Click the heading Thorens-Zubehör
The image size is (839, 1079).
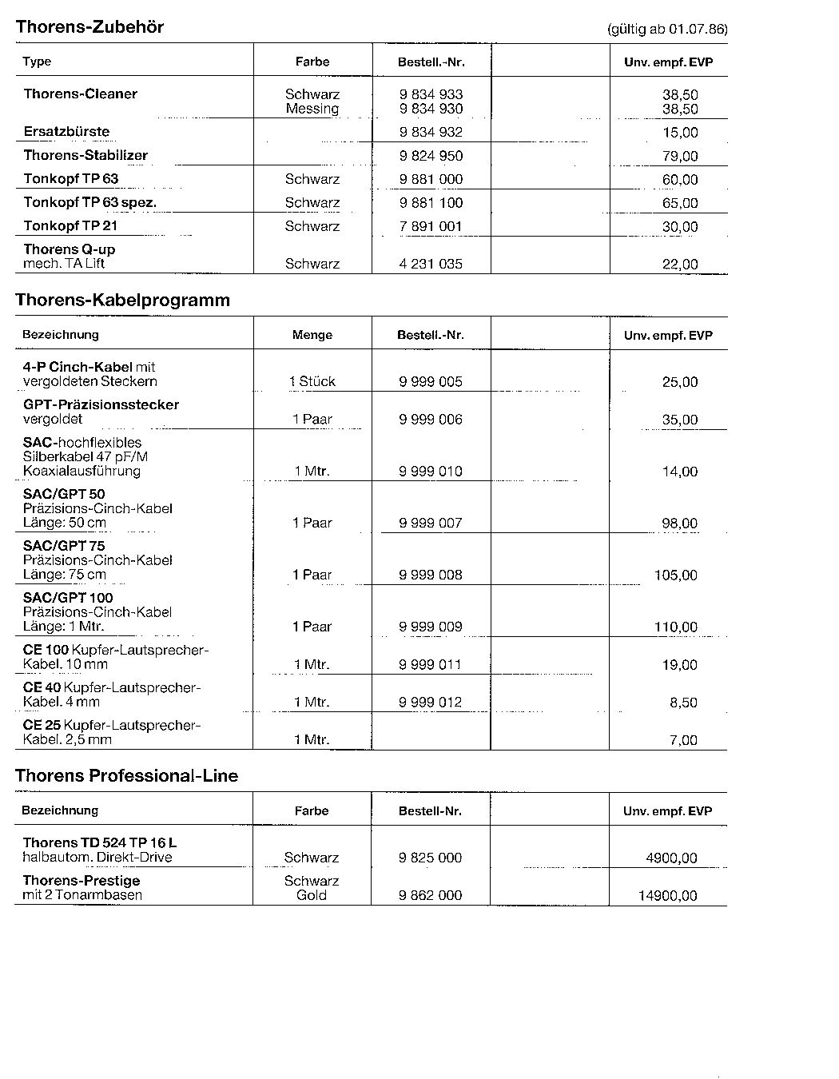89,27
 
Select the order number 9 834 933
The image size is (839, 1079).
431,94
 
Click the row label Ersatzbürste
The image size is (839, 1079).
66,132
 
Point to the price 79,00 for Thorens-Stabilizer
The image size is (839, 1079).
680,156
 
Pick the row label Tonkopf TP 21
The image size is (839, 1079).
70,226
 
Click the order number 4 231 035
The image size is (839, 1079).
431,264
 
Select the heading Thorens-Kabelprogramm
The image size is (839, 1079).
122,301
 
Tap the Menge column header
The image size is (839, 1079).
312,335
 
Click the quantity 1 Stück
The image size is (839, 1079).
312,381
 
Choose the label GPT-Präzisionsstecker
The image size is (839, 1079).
101,404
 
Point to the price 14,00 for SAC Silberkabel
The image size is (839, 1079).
680,472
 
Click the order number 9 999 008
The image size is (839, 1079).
431,575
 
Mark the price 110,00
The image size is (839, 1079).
676,627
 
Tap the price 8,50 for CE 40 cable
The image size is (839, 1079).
683,703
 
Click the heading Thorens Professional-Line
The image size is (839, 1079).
126,776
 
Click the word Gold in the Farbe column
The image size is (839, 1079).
312,895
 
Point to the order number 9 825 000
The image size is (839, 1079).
430,858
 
